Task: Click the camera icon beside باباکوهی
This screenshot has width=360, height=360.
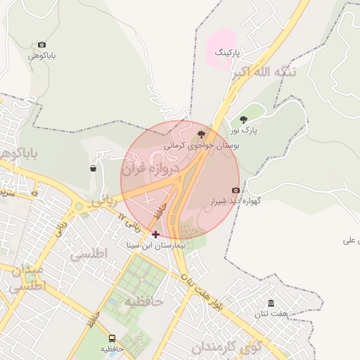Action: point(41,45)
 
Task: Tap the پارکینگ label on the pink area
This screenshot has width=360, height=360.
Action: point(226,53)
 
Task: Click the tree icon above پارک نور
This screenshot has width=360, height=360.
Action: point(244,120)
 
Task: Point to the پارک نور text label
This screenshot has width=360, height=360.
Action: point(245,130)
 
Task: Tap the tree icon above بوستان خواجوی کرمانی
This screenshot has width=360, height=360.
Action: point(202,134)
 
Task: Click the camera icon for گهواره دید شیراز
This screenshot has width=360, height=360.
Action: point(236,190)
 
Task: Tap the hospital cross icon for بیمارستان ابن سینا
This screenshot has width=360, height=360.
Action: point(155,234)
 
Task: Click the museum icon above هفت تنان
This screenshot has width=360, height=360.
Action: point(271,303)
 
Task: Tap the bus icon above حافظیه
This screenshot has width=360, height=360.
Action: point(112,338)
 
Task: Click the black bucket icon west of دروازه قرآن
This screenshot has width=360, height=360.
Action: point(94,168)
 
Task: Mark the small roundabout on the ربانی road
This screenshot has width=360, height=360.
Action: point(79,207)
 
